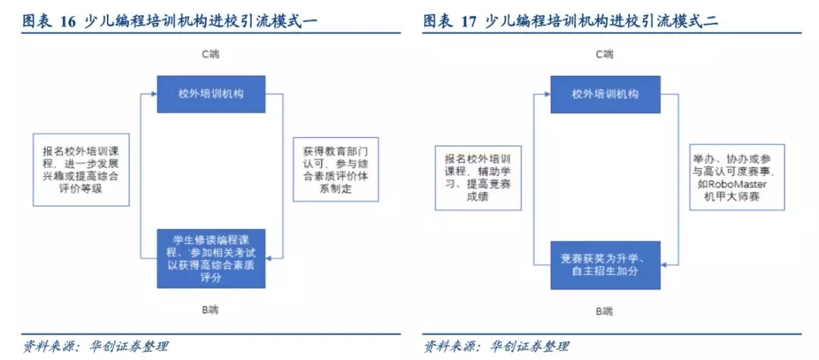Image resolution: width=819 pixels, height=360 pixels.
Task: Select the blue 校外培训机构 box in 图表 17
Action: coord(605,94)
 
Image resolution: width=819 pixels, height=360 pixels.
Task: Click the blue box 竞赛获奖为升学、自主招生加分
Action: coord(605,265)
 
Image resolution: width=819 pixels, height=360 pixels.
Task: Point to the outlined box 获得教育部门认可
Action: coord(335,170)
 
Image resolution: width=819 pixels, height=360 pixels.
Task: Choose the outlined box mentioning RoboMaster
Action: coord(736,177)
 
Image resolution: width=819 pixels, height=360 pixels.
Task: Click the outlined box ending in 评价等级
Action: coord(81,170)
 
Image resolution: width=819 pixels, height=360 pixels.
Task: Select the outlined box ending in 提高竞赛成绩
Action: coord(479,177)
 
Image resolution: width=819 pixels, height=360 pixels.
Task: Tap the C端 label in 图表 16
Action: coord(211,55)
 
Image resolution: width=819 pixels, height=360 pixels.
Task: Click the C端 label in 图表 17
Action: coord(605,55)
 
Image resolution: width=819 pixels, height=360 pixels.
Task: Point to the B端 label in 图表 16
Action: coord(211,310)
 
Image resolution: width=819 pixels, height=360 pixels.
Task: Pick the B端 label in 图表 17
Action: coord(605,311)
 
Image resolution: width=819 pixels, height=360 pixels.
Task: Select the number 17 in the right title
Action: coord(470,21)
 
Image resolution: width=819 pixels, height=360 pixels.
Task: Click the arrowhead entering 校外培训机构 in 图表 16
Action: coord(154,94)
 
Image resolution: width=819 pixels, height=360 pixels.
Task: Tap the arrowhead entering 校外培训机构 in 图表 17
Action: coord(548,94)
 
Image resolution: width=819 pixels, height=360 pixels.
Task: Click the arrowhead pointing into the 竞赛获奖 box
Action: coord(664,265)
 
